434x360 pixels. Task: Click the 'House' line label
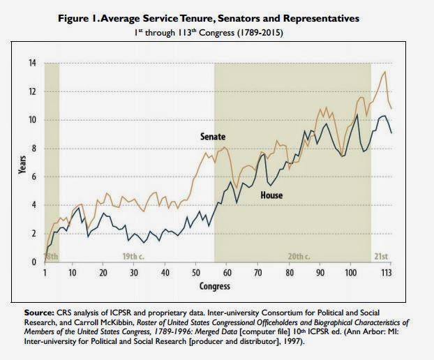[271, 195]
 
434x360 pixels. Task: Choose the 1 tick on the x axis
[45, 272]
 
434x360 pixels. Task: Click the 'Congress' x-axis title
[216, 285]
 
